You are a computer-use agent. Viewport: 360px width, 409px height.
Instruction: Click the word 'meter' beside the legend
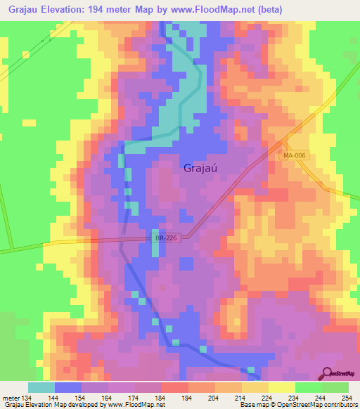click(10, 397)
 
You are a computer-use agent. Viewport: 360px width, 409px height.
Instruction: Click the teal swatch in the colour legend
click(41, 387)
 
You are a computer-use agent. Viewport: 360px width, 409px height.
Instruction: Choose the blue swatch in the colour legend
click(68, 387)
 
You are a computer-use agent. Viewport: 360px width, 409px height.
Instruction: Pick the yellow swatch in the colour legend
click(281, 387)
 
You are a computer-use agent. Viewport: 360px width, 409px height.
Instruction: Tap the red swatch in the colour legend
click(175, 387)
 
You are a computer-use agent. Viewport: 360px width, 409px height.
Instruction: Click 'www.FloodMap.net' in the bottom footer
click(136, 405)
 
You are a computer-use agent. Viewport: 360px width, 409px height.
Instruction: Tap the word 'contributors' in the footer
click(340, 405)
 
